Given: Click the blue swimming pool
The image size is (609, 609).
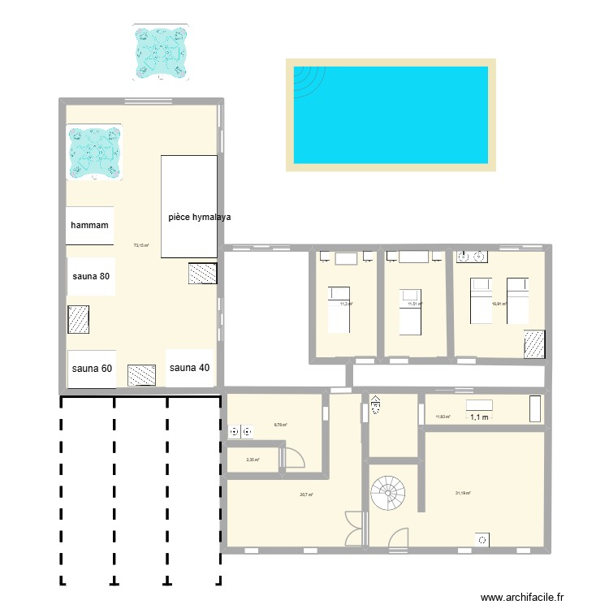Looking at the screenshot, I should [391, 114].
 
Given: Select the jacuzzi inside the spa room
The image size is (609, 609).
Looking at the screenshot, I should [94, 152].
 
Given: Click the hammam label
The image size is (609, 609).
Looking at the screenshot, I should [90, 225].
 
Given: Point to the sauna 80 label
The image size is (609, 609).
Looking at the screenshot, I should [91, 276].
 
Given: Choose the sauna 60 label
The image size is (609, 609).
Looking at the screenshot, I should [92, 369].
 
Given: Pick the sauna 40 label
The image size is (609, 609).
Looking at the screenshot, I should [190, 368].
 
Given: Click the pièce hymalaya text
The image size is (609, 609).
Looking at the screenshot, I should [200, 218].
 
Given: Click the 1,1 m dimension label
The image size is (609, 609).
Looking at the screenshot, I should [479, 417].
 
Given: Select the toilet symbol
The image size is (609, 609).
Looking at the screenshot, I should [375, 405].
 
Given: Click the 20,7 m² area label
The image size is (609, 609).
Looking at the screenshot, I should [306, 495].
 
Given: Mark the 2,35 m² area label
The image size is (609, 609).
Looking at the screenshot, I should [253, 460].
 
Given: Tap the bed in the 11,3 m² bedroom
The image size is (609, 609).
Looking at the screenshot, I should [339, 309].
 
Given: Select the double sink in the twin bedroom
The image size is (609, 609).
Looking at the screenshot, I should [472, 258].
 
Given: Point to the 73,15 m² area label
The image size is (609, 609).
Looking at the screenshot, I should [141, 245].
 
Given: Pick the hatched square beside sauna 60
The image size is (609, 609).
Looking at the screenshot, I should [141, 374].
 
